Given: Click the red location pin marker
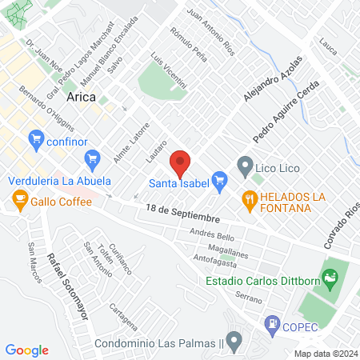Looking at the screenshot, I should [x=180, y=163].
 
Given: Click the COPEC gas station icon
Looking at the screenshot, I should [x=272, y=324].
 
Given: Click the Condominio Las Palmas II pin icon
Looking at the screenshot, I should [x=233, y=344].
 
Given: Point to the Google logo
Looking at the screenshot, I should [x=26, y=350].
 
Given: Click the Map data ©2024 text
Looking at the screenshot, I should [x=324, y=354].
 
